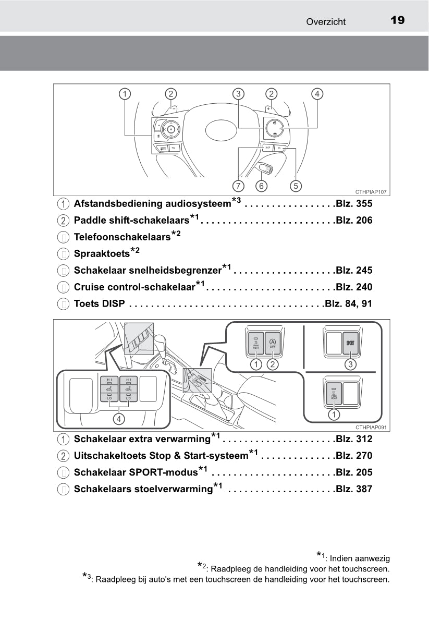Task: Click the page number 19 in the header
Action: point(397,20)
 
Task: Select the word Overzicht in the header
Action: point(326,21)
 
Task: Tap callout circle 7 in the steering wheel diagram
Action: point(239,186)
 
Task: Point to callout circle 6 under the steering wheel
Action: point(261,186)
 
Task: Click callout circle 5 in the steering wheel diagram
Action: point(296,186)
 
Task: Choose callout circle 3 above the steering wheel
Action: point(238,94)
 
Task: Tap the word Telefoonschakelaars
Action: point(122,237)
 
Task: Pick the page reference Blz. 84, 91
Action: point(348,303)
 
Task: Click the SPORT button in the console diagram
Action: point(350,344)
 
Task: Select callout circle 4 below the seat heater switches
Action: point(119,418)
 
